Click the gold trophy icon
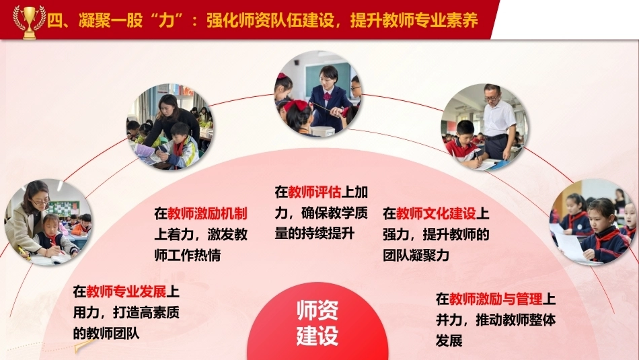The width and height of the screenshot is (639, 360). point(29,22)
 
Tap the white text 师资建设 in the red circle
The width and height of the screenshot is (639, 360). point(317,322)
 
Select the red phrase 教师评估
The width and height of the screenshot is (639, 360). point(314,192)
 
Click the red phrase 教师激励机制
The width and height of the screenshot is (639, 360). point(207,213)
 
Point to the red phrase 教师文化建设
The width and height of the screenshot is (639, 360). point(436,213)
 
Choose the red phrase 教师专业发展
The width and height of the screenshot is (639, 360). point(126,291)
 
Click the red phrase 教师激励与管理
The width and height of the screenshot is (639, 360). point(496,299)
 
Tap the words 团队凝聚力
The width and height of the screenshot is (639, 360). point(416,255)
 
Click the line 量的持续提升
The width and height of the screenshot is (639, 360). point(315,233)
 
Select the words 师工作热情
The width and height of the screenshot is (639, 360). point(188,255)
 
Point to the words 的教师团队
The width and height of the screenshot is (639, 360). point(106,333)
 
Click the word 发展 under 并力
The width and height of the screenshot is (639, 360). point(449,340)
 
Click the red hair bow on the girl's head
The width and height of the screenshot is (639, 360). point(295,106)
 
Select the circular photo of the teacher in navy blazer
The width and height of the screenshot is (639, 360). point(317,94)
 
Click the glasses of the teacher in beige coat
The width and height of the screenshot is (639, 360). point(40,201)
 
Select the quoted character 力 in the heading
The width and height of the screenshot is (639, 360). point(167,20)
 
